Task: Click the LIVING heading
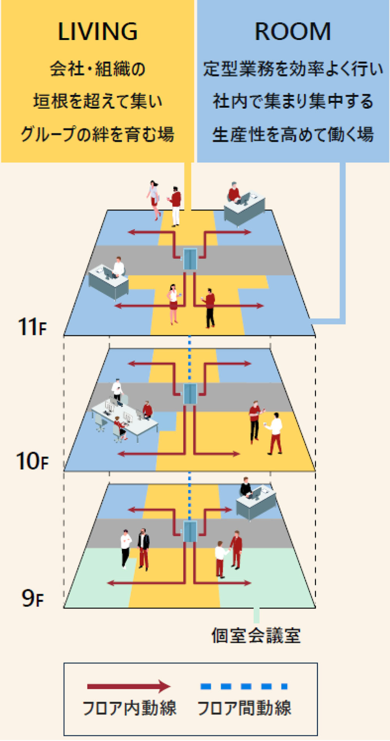[97, 32]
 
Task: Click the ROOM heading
[292, 32]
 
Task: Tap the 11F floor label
[32, 327]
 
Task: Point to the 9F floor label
[32, 598]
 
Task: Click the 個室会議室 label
[256, 636]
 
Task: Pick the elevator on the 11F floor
[190, 259]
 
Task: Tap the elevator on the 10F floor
[190, 394]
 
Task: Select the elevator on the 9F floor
[190, 531]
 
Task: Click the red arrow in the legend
[129, 686]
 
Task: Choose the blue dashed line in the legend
[244, 686]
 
